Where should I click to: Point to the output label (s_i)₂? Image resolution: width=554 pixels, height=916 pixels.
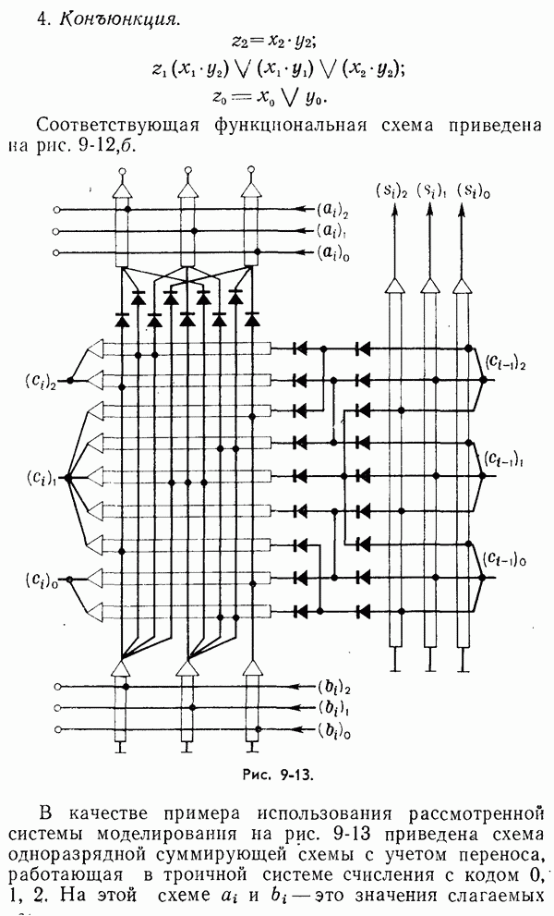coord(391,190)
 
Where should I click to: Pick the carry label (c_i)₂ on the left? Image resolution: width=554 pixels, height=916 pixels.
coord(42,381)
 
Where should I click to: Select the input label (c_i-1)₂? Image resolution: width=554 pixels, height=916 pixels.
coord(509,364)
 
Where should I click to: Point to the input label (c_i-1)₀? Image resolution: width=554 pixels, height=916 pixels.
coord(509,559)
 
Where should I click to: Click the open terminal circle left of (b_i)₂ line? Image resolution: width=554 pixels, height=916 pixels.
coord(58,689)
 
